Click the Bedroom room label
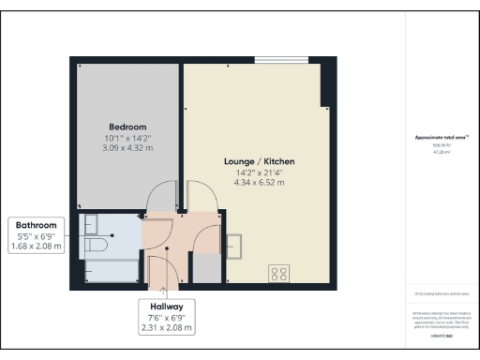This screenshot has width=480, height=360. (x=127, y=127)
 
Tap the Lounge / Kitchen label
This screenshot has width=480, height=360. (x=254, y=161)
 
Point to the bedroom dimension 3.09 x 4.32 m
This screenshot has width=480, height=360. (x=127, y=148)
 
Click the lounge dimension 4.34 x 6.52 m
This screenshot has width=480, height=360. (x=254, y=183)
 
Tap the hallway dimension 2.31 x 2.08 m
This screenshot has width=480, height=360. (x=166, y=328)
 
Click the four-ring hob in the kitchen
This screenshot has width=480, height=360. (x=278, y=274)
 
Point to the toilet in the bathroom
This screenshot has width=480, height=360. (x=95, y=245)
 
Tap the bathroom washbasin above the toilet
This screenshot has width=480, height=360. (x=91, y=223)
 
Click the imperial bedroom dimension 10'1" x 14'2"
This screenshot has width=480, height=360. (x=127, y=138)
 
